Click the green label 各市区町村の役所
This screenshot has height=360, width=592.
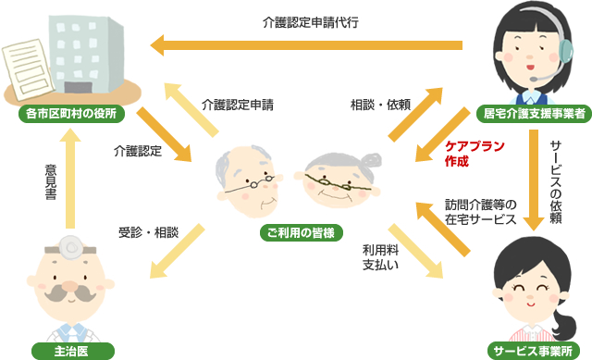[x=73, y=116]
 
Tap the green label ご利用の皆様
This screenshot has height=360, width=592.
[x=296, y=231]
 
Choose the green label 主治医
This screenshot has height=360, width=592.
[x=72, y=350]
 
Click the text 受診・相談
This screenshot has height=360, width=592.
[x=150, y=230]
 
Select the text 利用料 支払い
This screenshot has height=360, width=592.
[x=379, y=256]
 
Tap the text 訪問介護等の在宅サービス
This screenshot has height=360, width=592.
[x=481, y=212]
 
